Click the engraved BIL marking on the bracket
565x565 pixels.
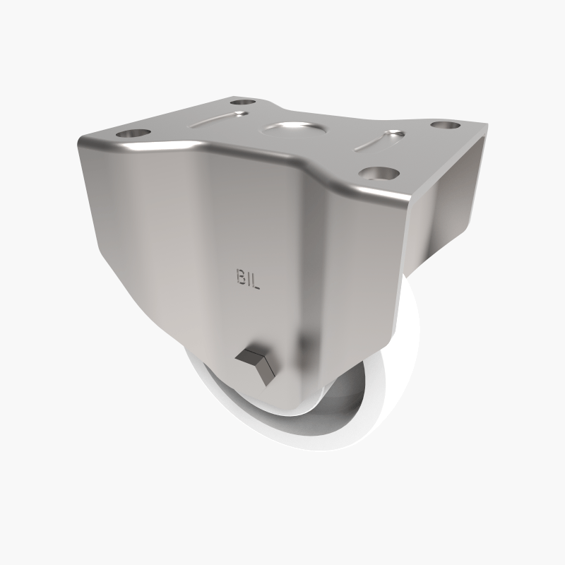tap(246, 278)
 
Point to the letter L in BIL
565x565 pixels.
tap(256, 278)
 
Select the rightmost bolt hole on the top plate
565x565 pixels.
tap(444, 125)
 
